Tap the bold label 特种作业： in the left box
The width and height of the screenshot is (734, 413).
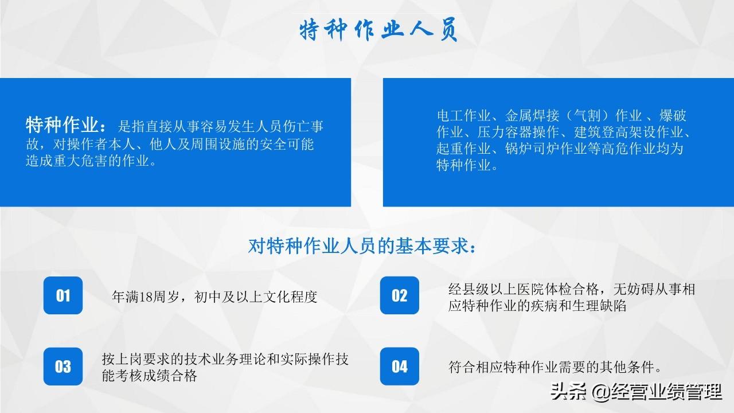(66, 125)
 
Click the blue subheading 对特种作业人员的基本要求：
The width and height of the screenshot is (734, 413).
(362, 246)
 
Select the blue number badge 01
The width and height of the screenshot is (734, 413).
(63, 295)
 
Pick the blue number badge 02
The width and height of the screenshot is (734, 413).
(400, 295)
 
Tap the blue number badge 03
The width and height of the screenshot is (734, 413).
(63, 367)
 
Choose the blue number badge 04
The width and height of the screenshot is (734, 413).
(400, 367)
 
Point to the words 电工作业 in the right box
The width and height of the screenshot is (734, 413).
(463, 116)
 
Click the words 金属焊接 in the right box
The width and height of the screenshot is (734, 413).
(532, 116)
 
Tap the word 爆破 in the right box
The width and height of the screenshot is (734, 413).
(673, 116)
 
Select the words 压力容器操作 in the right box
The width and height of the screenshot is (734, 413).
(518, 132)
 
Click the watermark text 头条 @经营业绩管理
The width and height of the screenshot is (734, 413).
(636, 392)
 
